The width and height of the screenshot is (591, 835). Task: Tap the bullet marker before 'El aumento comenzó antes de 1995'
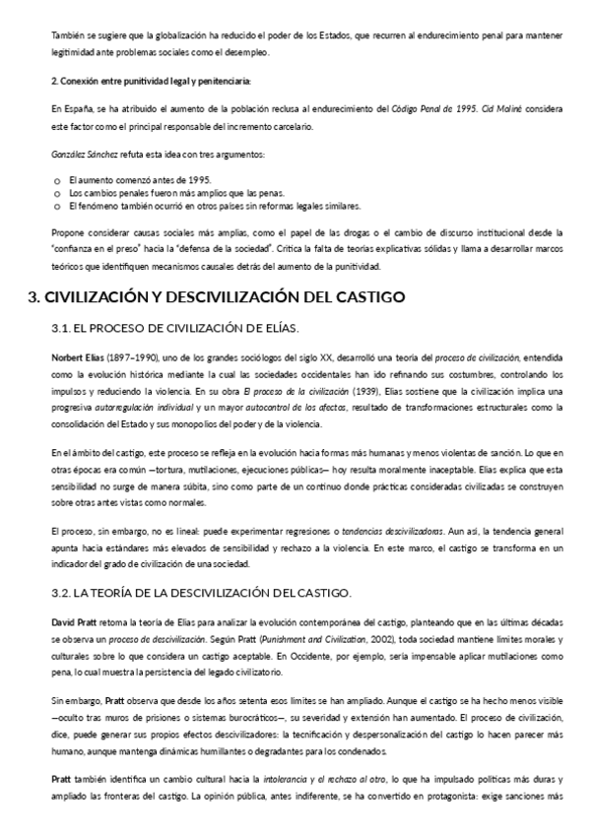click(x=58, y=180)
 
